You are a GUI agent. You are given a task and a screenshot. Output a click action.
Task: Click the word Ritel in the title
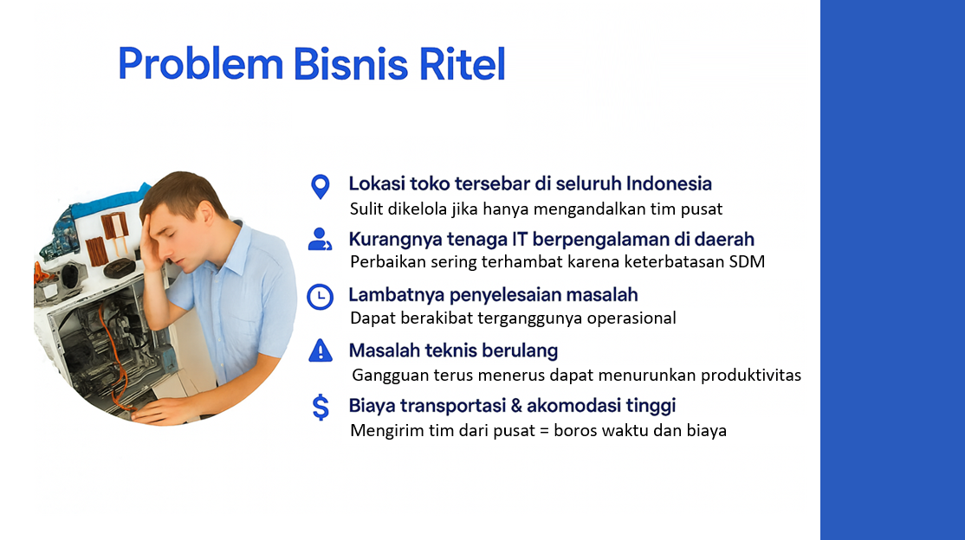463,63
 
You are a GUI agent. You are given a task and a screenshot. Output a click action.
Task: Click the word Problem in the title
201,63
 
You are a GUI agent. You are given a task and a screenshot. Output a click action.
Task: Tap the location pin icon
320,187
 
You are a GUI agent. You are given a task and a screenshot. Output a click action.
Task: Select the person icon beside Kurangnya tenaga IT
320,239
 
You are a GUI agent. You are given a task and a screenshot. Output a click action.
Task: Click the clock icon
320,297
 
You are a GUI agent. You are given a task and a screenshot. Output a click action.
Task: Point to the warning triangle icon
320,350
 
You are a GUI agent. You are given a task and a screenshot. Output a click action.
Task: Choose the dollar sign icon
321,407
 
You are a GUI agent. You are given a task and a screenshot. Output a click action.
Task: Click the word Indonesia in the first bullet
669,183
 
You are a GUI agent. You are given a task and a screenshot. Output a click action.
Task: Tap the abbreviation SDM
747,261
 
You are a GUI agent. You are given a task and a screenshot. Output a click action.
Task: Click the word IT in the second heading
520,239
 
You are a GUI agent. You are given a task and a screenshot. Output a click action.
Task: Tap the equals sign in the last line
544,430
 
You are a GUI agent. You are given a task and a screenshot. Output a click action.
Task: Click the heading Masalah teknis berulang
453,350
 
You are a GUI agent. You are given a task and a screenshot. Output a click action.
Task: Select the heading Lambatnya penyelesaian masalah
493,295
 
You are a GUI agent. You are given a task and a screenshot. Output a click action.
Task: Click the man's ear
205,214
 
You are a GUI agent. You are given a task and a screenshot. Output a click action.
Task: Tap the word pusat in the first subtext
701,209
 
